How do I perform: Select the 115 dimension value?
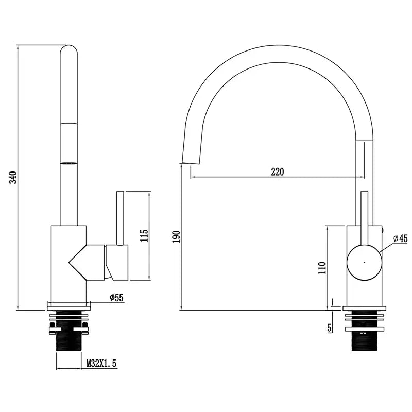point(144,236)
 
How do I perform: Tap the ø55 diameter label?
point(116,297)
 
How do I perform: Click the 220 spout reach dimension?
point(278,171)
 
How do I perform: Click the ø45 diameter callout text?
point(401,238)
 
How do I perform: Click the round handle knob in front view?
point(364,262)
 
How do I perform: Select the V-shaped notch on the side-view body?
point(77,263)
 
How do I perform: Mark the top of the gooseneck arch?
point(278,54)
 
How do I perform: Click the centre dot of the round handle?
point(364,262)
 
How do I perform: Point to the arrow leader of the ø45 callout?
point(386,246)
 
